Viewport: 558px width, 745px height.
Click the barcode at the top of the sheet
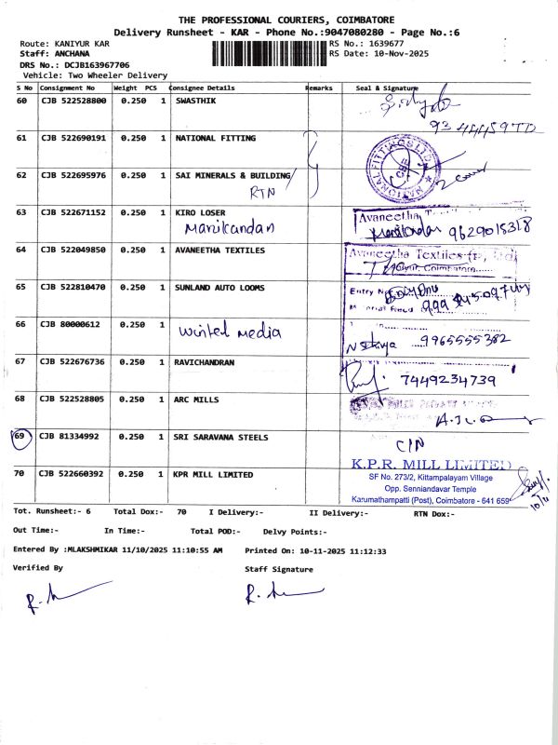click(x=270, y=50)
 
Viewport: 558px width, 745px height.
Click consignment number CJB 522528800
click(x=74, y=101)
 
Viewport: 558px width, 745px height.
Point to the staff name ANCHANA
click(x=60, y=54)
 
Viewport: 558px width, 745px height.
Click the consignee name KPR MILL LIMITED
click(x=213, y=474)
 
